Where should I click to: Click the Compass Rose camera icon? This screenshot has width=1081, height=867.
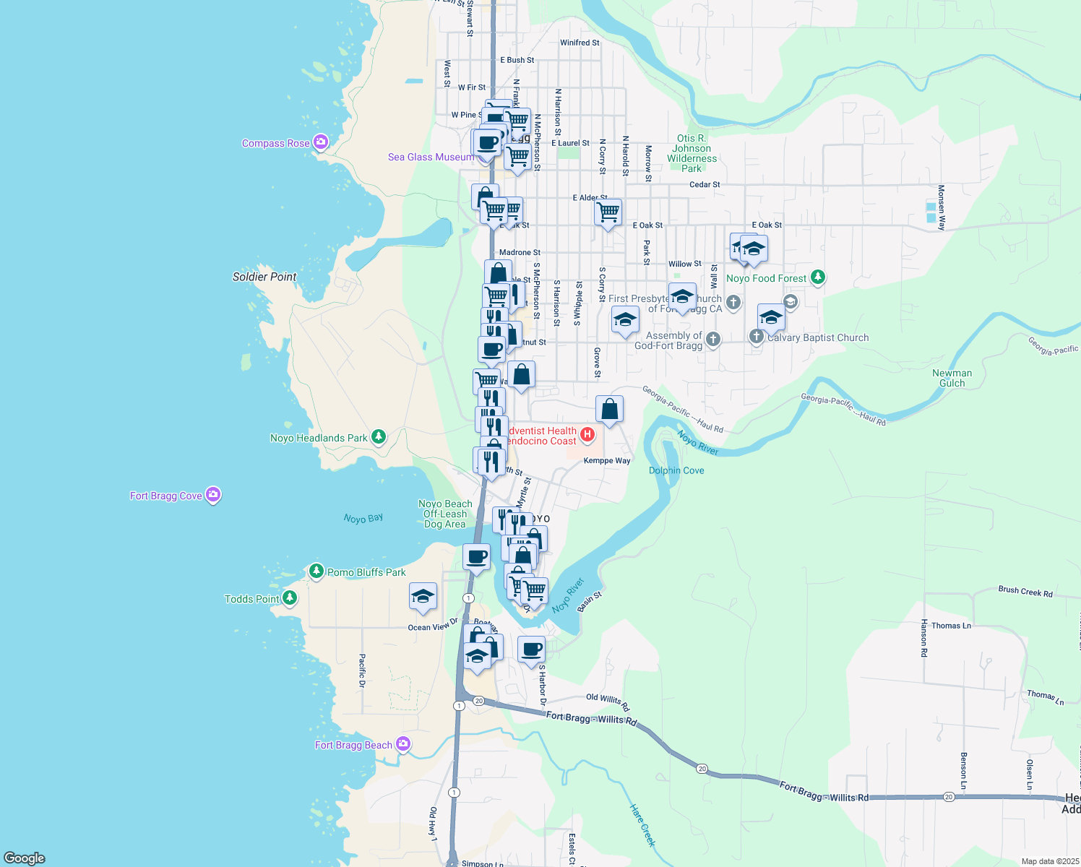321,142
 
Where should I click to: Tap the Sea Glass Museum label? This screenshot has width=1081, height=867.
431,157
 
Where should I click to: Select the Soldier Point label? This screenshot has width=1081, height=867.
264,277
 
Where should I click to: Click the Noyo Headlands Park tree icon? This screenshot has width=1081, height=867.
378,436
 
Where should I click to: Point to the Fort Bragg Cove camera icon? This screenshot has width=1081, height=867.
212,495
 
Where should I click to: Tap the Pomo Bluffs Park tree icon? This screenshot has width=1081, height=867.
316,571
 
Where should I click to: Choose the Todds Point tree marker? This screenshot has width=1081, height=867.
290,598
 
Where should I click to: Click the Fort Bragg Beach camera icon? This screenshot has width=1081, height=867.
403,743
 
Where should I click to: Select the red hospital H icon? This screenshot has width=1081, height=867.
587,434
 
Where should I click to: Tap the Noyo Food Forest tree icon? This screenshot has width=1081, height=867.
817,277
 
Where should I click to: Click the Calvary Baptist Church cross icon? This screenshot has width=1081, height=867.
756,336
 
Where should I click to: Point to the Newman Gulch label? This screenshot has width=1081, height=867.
952,378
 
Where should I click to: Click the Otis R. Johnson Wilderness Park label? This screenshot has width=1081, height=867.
692,153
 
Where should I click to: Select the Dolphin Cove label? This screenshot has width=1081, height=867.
676,470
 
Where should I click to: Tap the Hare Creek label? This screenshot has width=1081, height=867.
642,825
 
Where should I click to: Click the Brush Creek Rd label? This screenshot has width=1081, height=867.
1025,591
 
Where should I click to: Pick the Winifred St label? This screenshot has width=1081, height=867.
580,43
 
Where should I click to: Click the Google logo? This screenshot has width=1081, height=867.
25,858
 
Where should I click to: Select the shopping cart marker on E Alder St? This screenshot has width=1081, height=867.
608,212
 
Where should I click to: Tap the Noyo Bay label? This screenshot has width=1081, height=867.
363,519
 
